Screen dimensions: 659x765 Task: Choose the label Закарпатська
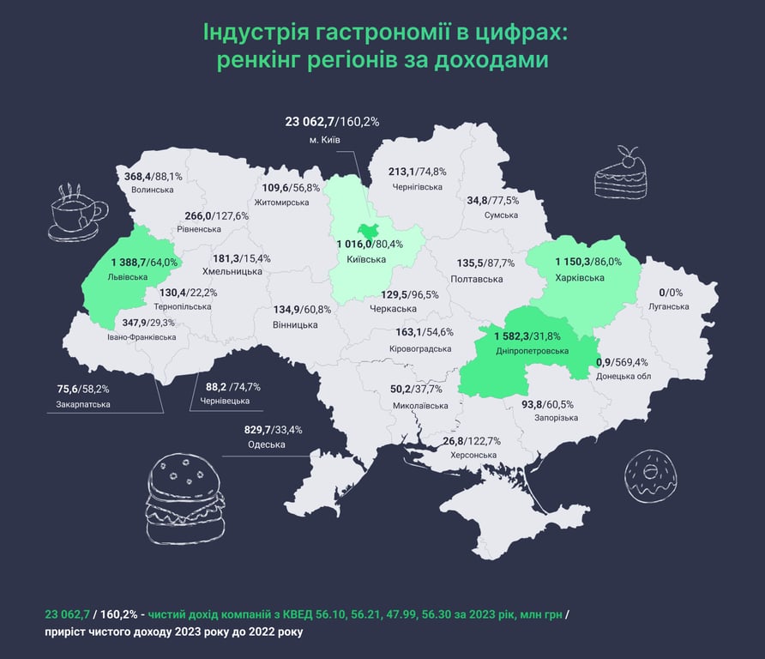pos(83,403)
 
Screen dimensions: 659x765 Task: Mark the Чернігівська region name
pos(417,187)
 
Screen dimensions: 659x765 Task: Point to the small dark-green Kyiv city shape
pos(370,229)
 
